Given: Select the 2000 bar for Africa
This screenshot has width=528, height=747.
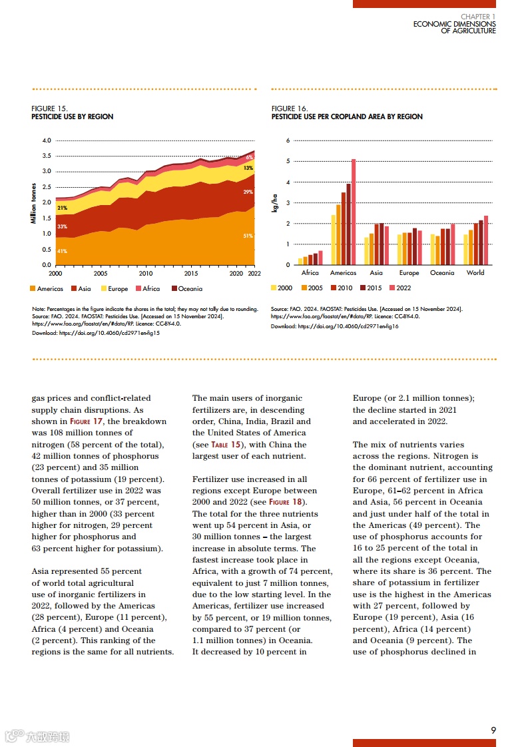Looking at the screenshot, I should click(300, 262).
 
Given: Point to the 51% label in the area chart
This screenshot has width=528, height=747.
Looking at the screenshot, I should click(248, 236).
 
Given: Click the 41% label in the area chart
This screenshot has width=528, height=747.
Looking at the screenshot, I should click(61, 251).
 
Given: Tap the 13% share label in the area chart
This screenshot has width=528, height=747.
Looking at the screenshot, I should click(248, 168).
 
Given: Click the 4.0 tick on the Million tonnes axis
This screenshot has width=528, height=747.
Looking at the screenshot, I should click(47, 140).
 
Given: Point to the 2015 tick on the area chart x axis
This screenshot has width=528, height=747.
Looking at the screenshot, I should click(191, 273).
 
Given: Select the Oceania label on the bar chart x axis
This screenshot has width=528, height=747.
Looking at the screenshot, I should click(442, 273).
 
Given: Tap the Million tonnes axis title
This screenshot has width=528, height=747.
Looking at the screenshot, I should click(34, 203).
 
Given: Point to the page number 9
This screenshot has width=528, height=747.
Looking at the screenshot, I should click(493, 730).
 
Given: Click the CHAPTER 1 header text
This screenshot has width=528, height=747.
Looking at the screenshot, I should click(478, 17).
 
